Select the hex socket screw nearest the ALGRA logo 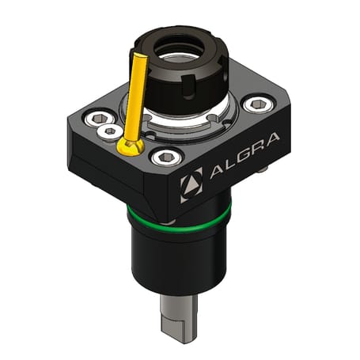pyautogui.click(x=164, y=157)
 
